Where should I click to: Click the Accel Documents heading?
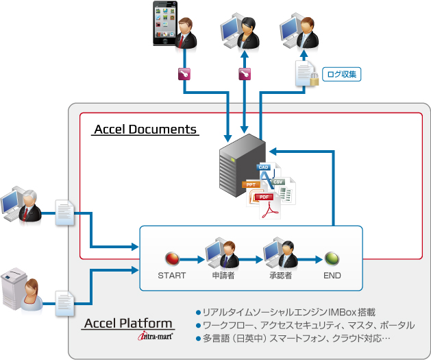(x=145, y=130)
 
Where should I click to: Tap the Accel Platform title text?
(x=128, y=324)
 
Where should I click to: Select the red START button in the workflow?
(x=171, y=259)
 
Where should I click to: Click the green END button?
(x=332, y=259)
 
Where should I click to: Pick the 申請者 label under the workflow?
(x=223, y=277)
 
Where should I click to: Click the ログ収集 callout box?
(x=341, y=74)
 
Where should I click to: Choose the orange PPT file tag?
(x=251, y=184)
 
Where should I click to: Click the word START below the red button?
(x=171, y=277)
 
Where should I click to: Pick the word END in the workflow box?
(x=332, y=277)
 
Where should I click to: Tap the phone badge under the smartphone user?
(x=184, y=74)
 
